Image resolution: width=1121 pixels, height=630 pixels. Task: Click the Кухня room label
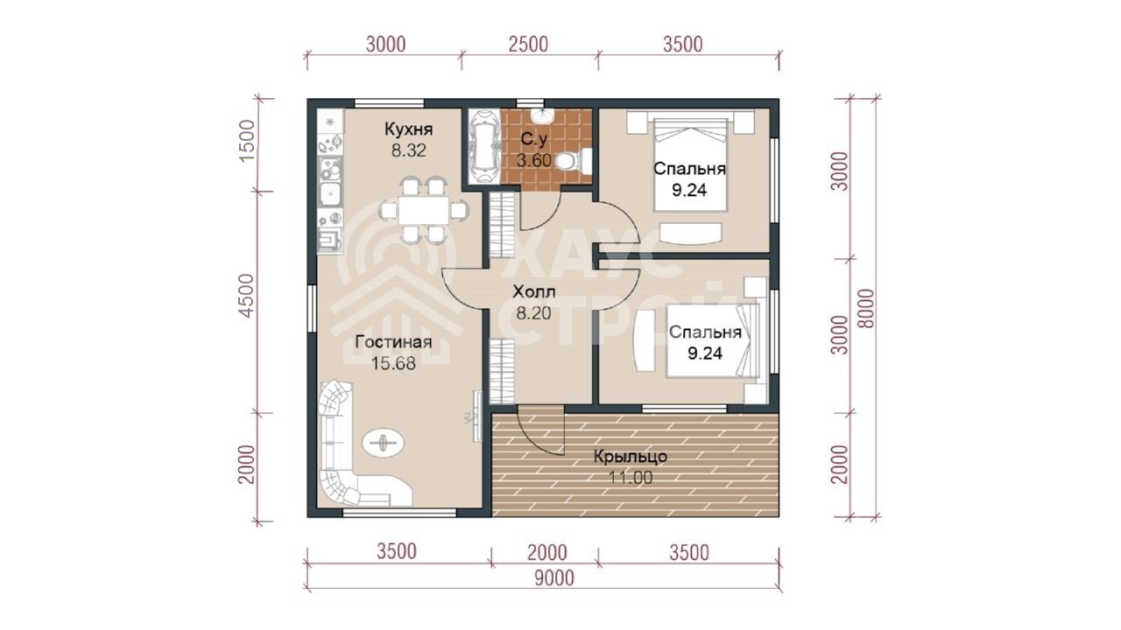tap(408, 129)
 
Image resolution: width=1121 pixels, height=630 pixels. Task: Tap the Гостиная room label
tap(393, 342)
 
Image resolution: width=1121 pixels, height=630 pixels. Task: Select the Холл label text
tap(534, 291)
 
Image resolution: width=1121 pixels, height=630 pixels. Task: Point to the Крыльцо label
tap(631, 457)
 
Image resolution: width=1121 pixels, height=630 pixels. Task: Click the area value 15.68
tap(393, 363)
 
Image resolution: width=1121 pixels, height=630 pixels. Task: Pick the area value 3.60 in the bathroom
tap(534, 160)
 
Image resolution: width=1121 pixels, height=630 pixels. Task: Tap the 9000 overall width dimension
tap(554, 578)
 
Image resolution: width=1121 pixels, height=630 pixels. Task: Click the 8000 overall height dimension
tap(866, 309)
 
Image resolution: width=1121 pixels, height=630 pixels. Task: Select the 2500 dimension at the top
tap(528, 44)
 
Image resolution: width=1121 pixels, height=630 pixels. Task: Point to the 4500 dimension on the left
tap(247, 295)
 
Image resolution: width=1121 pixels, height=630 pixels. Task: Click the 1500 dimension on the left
tap(247, 141)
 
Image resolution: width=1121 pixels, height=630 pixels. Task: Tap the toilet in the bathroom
tap(573, 161)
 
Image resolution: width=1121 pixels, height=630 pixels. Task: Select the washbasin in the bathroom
tap(542, 116)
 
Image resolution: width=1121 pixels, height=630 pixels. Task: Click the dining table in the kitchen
tap(423, 210)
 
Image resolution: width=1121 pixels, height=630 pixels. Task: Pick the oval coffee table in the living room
tap(384, 442)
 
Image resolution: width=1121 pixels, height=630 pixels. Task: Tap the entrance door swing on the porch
tap(541, 431)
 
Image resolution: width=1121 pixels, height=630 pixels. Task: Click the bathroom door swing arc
tap(541, 211)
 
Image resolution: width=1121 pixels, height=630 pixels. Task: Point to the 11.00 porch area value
tap(630, 478)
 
